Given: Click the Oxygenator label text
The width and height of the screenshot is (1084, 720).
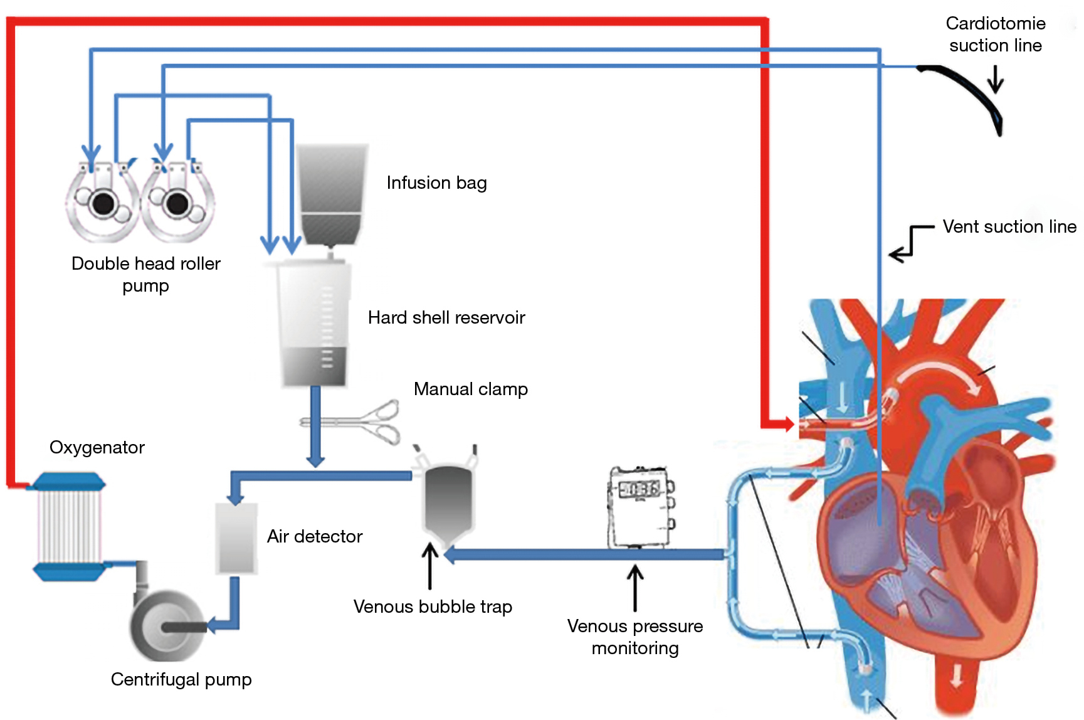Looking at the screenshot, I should (97, 447).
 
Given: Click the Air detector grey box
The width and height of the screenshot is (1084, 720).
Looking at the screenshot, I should (236, 538).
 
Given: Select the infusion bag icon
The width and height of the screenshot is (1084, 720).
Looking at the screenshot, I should (332, 194).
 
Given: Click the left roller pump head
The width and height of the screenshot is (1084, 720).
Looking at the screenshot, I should (103, 202).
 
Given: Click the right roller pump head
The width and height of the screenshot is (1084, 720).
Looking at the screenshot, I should (177, 202).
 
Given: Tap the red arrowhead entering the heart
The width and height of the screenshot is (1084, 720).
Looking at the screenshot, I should (789, 424).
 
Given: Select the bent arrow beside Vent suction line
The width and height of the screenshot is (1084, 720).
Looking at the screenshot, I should (909, 243).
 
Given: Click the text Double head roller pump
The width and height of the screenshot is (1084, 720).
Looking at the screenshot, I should (145, 274).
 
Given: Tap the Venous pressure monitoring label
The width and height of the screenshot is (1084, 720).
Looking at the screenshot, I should (634, 637).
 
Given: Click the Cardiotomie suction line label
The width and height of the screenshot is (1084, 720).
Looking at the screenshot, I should (995, 34).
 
